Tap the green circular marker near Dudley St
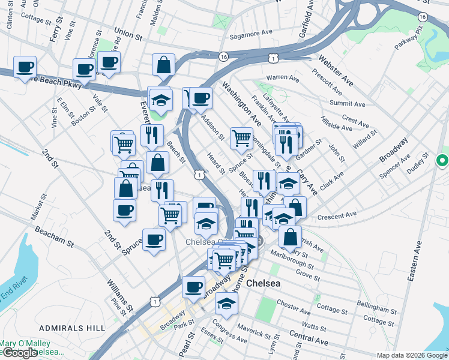(x=442, y=161)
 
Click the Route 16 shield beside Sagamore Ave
(x=223, y=56)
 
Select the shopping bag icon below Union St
(x=163, y=65)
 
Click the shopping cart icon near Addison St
(x=241, y=137)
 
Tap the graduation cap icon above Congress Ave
(x=226, y=303)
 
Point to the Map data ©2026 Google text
(x=411, y=355)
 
